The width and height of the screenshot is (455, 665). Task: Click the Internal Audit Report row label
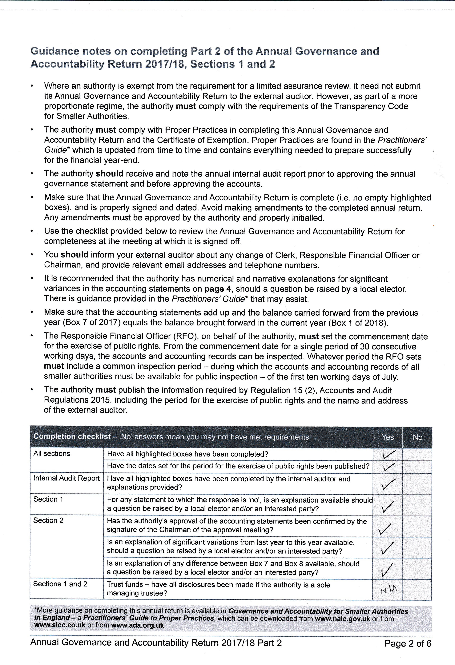click(66, 478)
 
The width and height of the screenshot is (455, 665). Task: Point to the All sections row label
click(52, 454)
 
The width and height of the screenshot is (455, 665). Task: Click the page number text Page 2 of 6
click(408, 643)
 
